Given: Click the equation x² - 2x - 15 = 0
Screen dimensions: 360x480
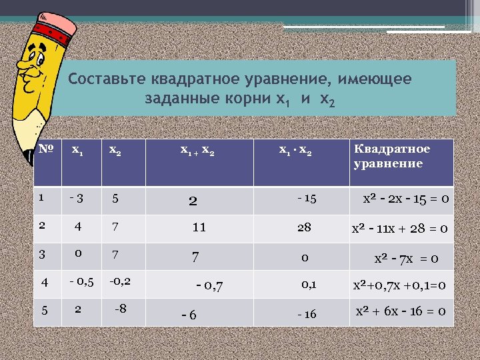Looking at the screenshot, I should point(405,199).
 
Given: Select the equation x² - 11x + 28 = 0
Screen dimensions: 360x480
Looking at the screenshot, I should point(399,229).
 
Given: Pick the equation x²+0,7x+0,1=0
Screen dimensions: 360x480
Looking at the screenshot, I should point(399,285).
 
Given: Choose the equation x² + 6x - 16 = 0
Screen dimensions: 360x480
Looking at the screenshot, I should point(401,312).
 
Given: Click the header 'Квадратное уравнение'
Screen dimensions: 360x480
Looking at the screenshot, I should point(391,156).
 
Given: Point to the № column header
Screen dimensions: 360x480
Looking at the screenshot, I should point(46,149).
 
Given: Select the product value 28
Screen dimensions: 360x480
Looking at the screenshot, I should point(304,227).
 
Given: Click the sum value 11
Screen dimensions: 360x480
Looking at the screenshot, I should point(199,227).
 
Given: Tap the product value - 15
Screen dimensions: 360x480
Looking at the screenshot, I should point(307,199).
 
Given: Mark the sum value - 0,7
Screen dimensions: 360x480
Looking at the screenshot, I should point(209,287).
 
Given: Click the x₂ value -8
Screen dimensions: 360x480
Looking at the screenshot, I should point(120,309).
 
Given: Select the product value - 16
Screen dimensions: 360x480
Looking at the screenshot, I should point(307,314).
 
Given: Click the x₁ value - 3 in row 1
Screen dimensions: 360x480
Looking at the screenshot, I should point(77,198).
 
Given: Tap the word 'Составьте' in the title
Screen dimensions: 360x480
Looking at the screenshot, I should point(107,80).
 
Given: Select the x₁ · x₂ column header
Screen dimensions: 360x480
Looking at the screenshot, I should point(295,151).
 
